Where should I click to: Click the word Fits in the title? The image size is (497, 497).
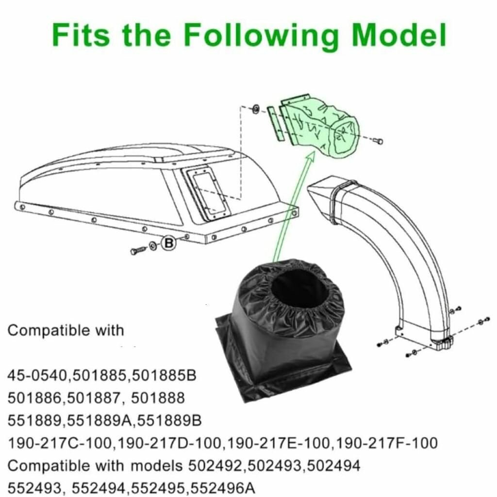tap(81, 34)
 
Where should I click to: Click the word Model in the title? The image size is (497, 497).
tap(398, 34)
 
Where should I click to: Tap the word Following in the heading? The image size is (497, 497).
tap(261, 36)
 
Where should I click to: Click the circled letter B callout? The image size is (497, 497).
tap(168, 243)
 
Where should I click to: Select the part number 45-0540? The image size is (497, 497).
tap(38, 375)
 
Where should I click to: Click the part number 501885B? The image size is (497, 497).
tap(164, 375)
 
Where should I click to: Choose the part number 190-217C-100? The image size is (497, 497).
tap(60, 443)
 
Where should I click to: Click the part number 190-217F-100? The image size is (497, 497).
tap(386, 443)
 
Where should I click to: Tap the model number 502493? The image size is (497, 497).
tap(274, 466)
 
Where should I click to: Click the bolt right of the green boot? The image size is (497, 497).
tap(378, 141)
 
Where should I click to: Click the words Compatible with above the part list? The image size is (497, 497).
tap(66, 331)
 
